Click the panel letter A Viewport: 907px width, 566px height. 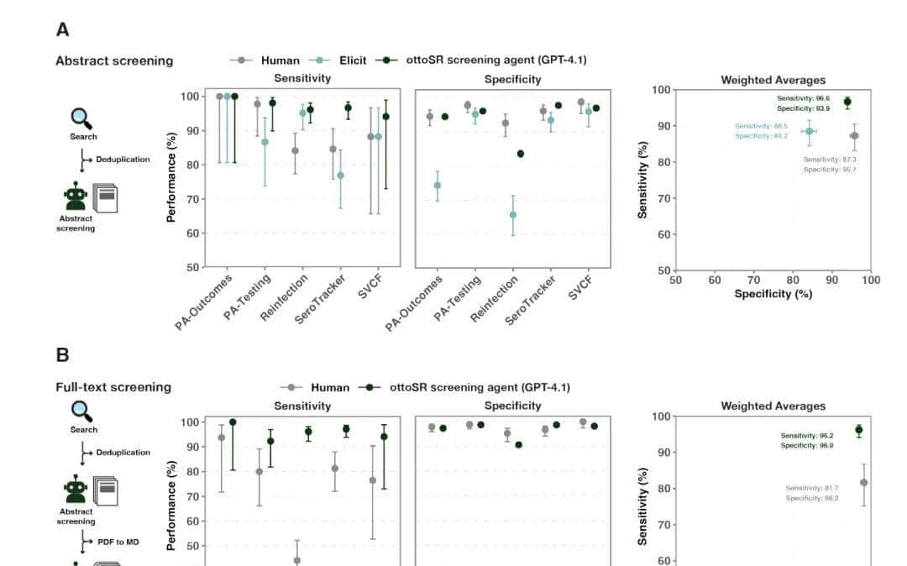tap(62, 30)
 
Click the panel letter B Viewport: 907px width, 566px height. tap(62, 354)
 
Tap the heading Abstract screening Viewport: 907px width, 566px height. tap(114, 60)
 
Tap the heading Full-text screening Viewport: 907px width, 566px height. tap(113, 387)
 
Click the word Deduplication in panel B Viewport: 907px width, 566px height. tap(123, 452)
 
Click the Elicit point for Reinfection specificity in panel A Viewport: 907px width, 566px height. tap(513, 215)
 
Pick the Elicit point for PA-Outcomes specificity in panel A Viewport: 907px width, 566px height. tap(437, 186)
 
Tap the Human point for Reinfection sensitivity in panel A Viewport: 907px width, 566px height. tap(295, 151)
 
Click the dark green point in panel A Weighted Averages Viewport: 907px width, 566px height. tap(847, 102)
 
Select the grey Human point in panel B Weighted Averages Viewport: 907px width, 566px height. tap(863, 482)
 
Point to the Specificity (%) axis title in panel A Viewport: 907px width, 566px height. tap(773, 294)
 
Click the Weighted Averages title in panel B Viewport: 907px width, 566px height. tap(773, 406)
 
